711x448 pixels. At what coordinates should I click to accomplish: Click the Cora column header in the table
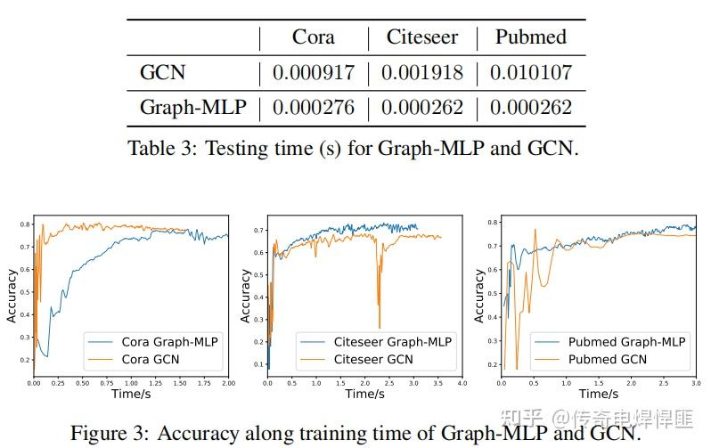[x=314, y=37]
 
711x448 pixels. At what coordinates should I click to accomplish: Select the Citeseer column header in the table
[x=421, y=37]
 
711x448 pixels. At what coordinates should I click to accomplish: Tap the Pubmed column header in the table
[x=531, y=37]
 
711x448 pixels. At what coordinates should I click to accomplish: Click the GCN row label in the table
[x=163, y=72]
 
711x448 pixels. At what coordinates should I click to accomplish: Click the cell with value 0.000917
[x=314, y=72]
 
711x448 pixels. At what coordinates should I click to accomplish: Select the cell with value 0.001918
[x=422, y=72]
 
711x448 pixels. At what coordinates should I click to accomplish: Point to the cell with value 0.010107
[x=531, y=72]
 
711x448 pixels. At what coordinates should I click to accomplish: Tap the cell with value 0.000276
[x=314, y=108]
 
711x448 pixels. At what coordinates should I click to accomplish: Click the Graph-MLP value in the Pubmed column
[x=531, y=108]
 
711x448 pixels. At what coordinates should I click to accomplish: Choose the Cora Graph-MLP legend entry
[x=168, y=341]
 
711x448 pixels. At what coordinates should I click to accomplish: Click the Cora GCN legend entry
[x=151, y=359]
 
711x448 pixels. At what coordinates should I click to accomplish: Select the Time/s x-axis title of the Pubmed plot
[x=599, y=393]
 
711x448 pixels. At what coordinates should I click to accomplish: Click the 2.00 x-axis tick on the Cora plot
[x=227, y=383]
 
